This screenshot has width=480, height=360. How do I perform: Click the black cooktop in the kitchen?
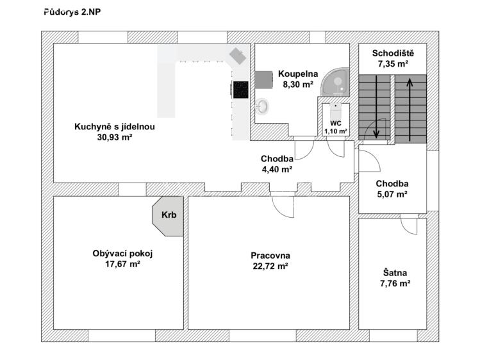240,90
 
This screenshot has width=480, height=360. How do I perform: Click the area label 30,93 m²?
114,136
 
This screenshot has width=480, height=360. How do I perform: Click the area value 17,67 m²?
122,263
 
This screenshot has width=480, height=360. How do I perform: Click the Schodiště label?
392,53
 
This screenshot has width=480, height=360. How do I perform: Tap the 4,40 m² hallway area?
277,169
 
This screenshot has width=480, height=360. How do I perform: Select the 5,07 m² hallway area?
392,194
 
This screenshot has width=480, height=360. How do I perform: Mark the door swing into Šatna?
409,225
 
